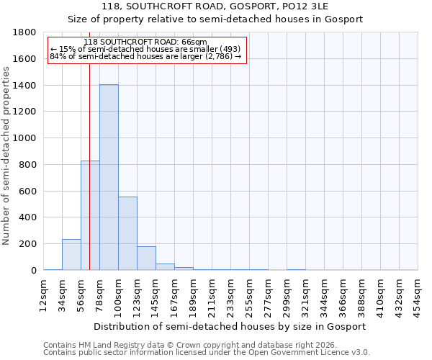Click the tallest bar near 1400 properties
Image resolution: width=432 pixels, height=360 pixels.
click(109, 177)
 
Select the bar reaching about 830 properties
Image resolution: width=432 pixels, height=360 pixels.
click(90, 215)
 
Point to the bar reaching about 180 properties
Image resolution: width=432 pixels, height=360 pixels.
click(146, 258)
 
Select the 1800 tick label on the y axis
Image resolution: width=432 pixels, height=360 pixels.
click(25, 32)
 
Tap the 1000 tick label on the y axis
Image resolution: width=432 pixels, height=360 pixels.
click(25, 138)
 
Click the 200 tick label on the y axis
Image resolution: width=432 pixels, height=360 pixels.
click(28, 244)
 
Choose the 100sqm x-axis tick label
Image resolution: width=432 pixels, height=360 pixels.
click(119, 293)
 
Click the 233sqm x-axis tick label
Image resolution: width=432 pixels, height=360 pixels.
click(231, 293)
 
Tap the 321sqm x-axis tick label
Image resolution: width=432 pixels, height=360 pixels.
click(306, 293)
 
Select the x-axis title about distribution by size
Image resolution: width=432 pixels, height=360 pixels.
click(230, 326)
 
